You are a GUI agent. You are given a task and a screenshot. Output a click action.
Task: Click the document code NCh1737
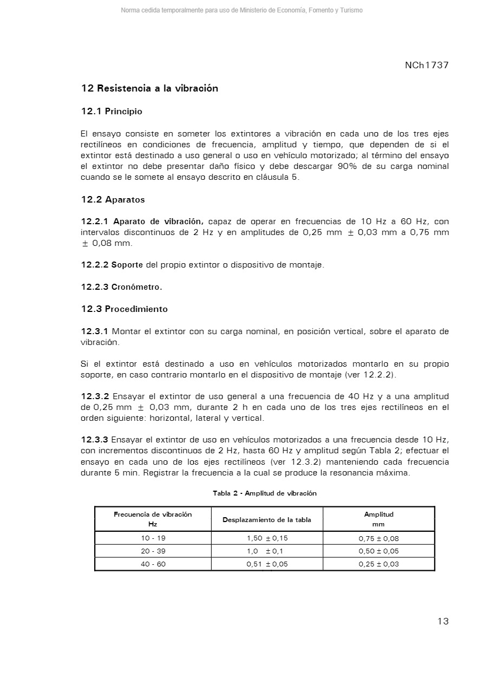427,66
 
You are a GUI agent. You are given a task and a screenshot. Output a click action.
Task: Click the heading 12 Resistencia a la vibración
149,88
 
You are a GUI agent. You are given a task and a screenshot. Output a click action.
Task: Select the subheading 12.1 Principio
112,112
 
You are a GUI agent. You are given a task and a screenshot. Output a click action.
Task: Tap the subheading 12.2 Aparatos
113,200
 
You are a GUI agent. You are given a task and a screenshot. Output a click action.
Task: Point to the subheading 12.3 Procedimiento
124,309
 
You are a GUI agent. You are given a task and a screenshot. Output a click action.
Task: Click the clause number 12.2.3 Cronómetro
121,287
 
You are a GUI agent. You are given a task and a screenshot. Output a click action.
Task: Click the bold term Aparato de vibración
158,222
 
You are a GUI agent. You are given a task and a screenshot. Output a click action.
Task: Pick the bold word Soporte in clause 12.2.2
127,265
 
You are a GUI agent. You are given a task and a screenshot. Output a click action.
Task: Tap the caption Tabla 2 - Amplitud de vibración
264,493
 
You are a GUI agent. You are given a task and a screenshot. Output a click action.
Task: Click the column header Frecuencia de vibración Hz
153,519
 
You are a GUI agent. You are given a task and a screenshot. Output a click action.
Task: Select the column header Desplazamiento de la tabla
267,520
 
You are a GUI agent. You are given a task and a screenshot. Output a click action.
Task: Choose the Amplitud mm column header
378,519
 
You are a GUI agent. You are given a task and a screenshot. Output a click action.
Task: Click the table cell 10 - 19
153,538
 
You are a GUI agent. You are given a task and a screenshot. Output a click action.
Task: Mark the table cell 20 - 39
153,551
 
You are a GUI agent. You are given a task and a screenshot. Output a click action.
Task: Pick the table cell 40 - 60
153,564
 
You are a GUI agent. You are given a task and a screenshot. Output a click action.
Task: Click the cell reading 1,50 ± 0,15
267,538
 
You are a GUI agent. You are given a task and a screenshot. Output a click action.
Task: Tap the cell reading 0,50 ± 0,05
378,551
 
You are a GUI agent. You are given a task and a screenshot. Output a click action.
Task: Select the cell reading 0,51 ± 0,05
267,564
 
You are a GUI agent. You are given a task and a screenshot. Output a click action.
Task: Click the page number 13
443,621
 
